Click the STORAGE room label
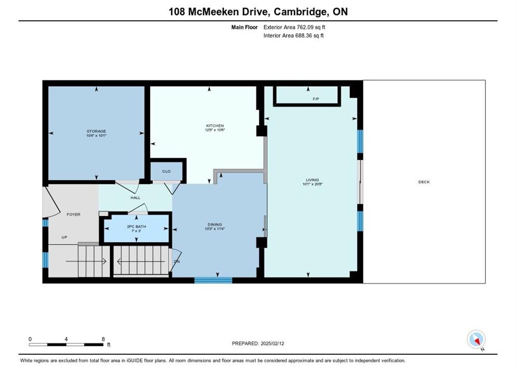(96, 131)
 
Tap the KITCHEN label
(215, 125)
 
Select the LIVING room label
(313, 180)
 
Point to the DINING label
(214, 224)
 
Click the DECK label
(424, 182)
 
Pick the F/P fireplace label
(316, 99)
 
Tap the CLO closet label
(166, 171)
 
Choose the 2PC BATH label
(136, 226)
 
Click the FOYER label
(73, 215)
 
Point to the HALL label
(135, 197)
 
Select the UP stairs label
(64, 237)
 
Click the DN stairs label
(176, 262)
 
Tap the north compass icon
(476, 339)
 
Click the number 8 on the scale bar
(103, 339)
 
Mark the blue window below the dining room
(213, 280)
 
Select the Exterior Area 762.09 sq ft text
(294, 28)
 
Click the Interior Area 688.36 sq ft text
(293, 35)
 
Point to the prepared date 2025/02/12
(272, 343)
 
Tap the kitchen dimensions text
(215, 130)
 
